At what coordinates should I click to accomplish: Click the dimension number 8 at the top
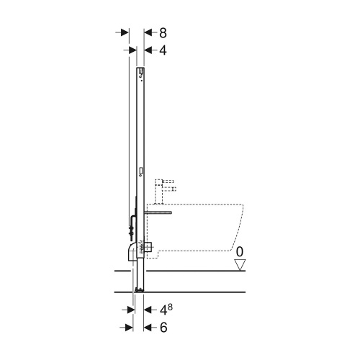pos(163,32)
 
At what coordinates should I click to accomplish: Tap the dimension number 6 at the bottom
pos(163,327)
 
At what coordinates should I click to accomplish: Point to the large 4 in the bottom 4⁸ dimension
pos(163,310)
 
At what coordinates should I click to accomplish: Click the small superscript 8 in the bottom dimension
pos(171,307)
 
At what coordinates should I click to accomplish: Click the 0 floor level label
pos(243,253)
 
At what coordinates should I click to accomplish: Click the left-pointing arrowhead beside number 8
pos(149,32)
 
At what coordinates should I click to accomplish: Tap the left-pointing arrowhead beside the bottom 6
pos(149,327)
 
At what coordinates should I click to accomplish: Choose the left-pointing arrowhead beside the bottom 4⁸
pos(149,310)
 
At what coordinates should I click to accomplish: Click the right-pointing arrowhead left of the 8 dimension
pos(123,32)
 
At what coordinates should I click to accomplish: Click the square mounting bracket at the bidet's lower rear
pos(149,246)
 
